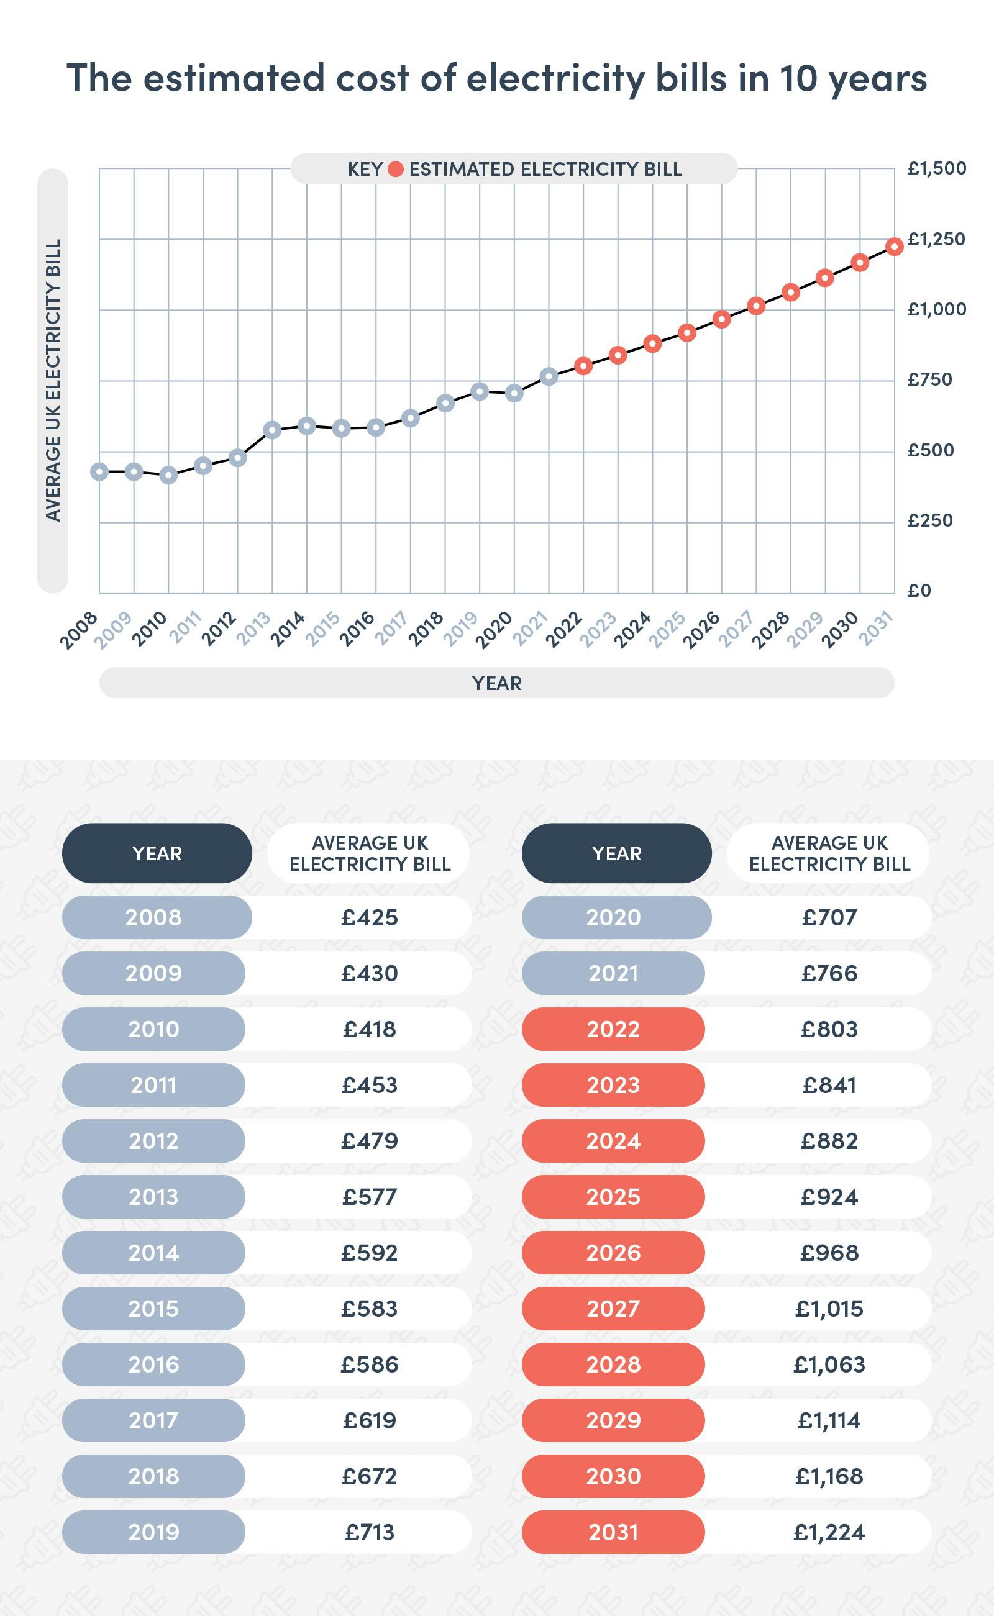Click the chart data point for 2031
click(x=894, y=247)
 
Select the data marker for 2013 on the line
click(x=272, y=430)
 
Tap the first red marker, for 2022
click(x=583, y=366)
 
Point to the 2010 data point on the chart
click(x=168, y=474)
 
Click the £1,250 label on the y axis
click(x=936, y=239)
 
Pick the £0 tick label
click(x=919, y=591)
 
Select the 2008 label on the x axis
click(x=79, y=630)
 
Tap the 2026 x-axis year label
click(x=702, y=630)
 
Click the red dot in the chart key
click(x=395, y=170)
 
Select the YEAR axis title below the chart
click(x=496, y=683)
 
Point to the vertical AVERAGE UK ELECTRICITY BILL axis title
click(x=53, y=381)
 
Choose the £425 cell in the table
click(x=370, y=917)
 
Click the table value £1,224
click(x=829, y=1532)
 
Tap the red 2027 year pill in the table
click(x=613, y=1309)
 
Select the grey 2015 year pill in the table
click(x=153, y=1309)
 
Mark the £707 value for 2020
click(x=829, y=917)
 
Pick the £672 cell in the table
click(x=370, y=1476)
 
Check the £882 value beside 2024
click(x=829, y=1141)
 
